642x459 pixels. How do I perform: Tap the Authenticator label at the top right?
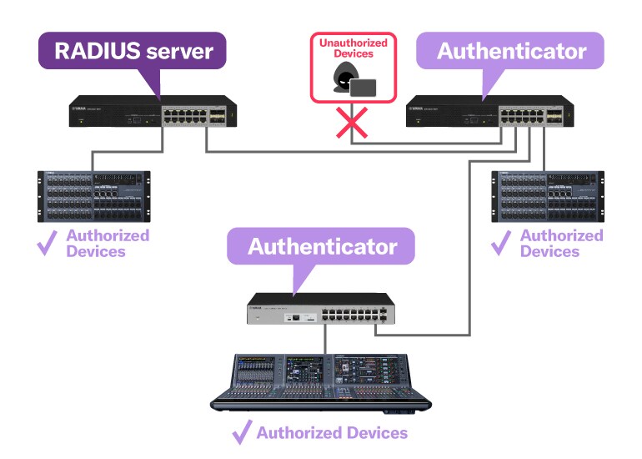(511, 51)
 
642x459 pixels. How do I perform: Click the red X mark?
(352, 124)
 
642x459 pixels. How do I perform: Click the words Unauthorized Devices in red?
(351, 48)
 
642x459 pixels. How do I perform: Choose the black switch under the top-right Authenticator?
(490, 112)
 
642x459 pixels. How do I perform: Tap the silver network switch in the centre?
(321, 310)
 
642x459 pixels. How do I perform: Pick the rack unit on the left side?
(93, 196)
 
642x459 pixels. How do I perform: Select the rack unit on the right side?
(547, 196)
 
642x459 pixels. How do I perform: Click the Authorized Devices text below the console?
(332, 432)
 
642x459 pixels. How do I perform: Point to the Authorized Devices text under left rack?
(108, 243)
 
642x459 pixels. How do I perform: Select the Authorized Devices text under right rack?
(561, 243)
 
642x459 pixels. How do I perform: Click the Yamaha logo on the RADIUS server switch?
(81, 106)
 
